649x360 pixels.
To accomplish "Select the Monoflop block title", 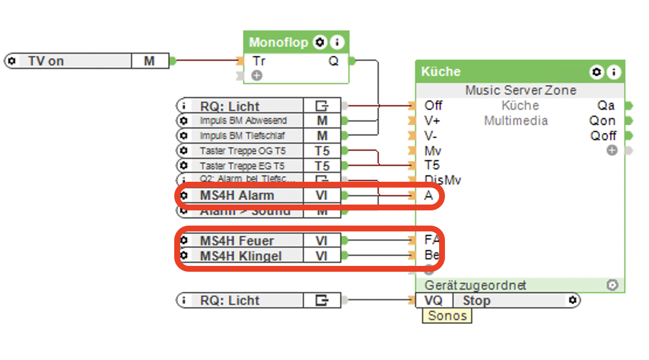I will coord(278,42).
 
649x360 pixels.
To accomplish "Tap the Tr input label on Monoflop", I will coord(258,61).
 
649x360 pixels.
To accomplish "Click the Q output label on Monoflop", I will coord(333,61).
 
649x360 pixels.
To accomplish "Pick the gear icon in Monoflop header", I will coord(319,42).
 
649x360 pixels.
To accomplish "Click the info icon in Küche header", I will coord(613,72).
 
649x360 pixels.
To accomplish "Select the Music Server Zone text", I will coord(520,90).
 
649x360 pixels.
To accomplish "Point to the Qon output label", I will coord(602,120).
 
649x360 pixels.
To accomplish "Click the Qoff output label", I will coord(603,136).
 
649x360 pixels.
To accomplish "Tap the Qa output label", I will coord(606,105).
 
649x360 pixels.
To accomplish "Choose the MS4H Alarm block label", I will coord(236,195).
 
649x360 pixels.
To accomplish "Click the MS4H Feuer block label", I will coord(236,240).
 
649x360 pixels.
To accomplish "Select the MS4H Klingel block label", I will coord(240,255).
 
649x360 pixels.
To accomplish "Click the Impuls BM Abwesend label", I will coord(243,120).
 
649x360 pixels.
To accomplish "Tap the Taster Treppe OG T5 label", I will coord(243,151).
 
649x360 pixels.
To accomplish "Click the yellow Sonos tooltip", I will coord(447,316).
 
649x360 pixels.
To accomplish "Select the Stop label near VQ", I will coord(477,300).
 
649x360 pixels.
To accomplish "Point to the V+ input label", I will coord(433,120).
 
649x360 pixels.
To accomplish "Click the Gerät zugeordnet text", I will coord(475,285).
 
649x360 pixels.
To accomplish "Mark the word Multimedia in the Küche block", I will coord(516,120).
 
